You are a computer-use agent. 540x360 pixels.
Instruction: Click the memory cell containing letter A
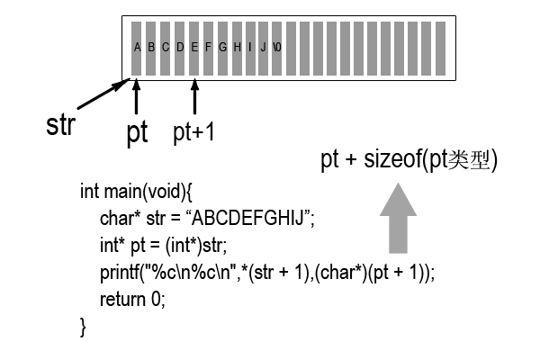(137, 47)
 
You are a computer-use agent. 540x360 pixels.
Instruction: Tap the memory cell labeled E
(193, 47)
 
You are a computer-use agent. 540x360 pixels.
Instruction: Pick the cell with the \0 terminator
(277, 47)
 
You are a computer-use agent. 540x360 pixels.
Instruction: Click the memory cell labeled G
(221, 47)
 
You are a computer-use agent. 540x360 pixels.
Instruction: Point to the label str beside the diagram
(59, 125)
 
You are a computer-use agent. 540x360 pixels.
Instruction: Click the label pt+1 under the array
(193, 132)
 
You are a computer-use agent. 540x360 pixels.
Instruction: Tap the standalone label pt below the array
(137, 133)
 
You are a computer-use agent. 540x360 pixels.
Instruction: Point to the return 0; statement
(133, 298)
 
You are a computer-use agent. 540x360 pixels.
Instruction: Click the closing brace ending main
(84, 325)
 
